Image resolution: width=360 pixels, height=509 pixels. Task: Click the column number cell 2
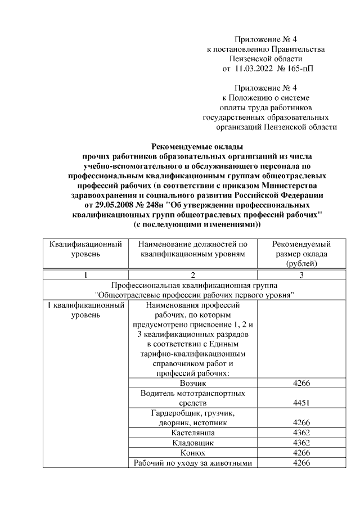[192, 275]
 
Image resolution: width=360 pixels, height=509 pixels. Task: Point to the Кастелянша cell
[192, 433]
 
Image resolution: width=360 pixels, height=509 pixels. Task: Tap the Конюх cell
[192, 453]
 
